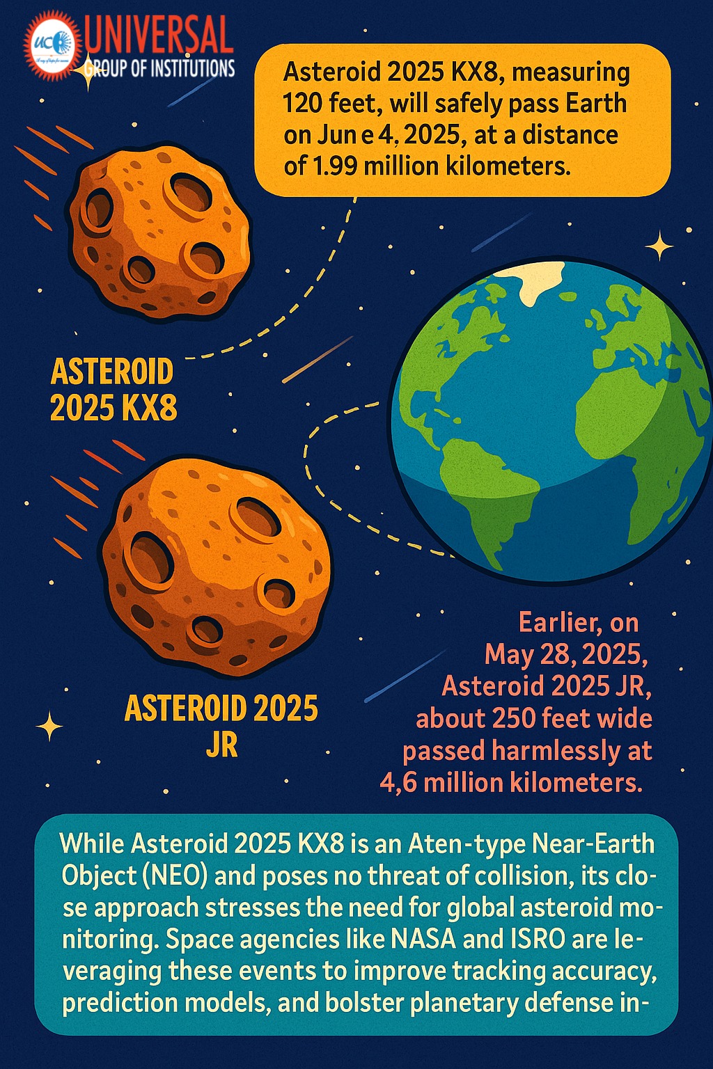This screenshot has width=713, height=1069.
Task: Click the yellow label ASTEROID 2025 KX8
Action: pyautogui.click(x=113, y=390)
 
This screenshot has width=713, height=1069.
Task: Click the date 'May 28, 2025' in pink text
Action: pyautogui.click(x=566, y=655)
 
